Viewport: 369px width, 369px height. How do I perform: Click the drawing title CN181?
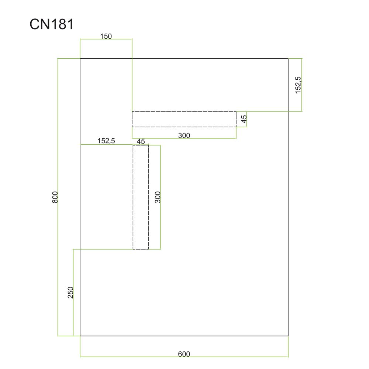pos(52,24)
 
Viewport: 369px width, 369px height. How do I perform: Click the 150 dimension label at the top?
pos(106,36)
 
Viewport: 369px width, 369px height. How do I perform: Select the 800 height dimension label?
pos(55,197)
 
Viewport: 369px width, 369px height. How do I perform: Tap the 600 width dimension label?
pos(184,354)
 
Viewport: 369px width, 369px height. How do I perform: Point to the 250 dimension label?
pos(70,293)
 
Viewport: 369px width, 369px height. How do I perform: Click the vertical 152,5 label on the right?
pos(298,85)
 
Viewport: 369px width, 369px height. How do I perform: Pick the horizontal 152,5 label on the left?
pos(106,141)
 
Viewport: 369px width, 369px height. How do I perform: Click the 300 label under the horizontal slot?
pos(184,135)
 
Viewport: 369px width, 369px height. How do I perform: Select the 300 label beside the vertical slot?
pos(158,197)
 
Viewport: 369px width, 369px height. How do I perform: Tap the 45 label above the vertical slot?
pos(141,141)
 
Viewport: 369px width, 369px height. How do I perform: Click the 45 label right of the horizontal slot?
pos(244,119)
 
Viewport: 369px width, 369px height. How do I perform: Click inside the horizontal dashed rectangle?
pos(184,119)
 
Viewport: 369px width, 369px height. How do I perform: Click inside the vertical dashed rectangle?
pos(141,197)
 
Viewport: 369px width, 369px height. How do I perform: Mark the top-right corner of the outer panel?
pos(288,59)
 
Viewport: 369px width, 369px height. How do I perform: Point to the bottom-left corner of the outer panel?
pos(80,336)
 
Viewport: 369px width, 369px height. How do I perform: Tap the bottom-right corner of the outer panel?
pos(288,336)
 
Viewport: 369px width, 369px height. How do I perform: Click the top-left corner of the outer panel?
pos(80,59)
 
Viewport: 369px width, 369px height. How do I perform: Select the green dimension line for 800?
pos(58,197)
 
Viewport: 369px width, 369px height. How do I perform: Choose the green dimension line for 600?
pos(184,357)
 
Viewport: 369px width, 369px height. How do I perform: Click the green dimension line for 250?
pos(73,293)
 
